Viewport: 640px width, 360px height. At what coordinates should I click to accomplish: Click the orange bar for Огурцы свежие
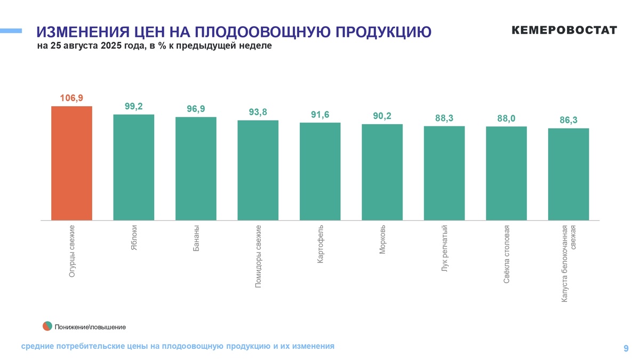(x=71, y=163)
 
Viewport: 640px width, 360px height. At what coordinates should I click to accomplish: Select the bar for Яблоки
(x=133, y=167)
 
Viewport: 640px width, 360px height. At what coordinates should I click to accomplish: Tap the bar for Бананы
(x=196, y=169)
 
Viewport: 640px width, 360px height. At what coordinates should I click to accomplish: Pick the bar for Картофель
(x=320, y=171)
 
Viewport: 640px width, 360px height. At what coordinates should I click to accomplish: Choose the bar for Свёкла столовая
(x=506, y=173)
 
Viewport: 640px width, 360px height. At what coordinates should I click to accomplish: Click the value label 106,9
(x=71, y=98)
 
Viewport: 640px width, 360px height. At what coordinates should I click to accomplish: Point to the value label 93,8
(x=258, y=112)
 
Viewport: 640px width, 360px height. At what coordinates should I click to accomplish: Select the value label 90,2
(x=382, y=116)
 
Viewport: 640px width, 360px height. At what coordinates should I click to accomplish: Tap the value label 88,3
(x=444, y=118)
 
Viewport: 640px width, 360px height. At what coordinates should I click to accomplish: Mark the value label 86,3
(x=569, y=120)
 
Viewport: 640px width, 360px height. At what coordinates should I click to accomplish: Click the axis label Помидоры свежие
(x=258, y=257)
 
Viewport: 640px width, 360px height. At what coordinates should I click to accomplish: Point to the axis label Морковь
(x=382, y=239)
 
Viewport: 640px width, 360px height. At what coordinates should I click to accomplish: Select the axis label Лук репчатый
(x=444, y=249)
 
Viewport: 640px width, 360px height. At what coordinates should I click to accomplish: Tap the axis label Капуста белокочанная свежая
(x=569, y=264)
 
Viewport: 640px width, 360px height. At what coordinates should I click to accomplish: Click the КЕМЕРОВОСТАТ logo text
(x=564, y=30)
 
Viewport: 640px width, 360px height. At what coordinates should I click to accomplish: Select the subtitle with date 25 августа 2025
(x=155, y=46)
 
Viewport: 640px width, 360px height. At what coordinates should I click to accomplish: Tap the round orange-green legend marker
(x=47, y=326)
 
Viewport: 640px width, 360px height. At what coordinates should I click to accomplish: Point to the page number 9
(x=626, y=348)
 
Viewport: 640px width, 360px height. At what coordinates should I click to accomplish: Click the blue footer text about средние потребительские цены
(x=178, y=346)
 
